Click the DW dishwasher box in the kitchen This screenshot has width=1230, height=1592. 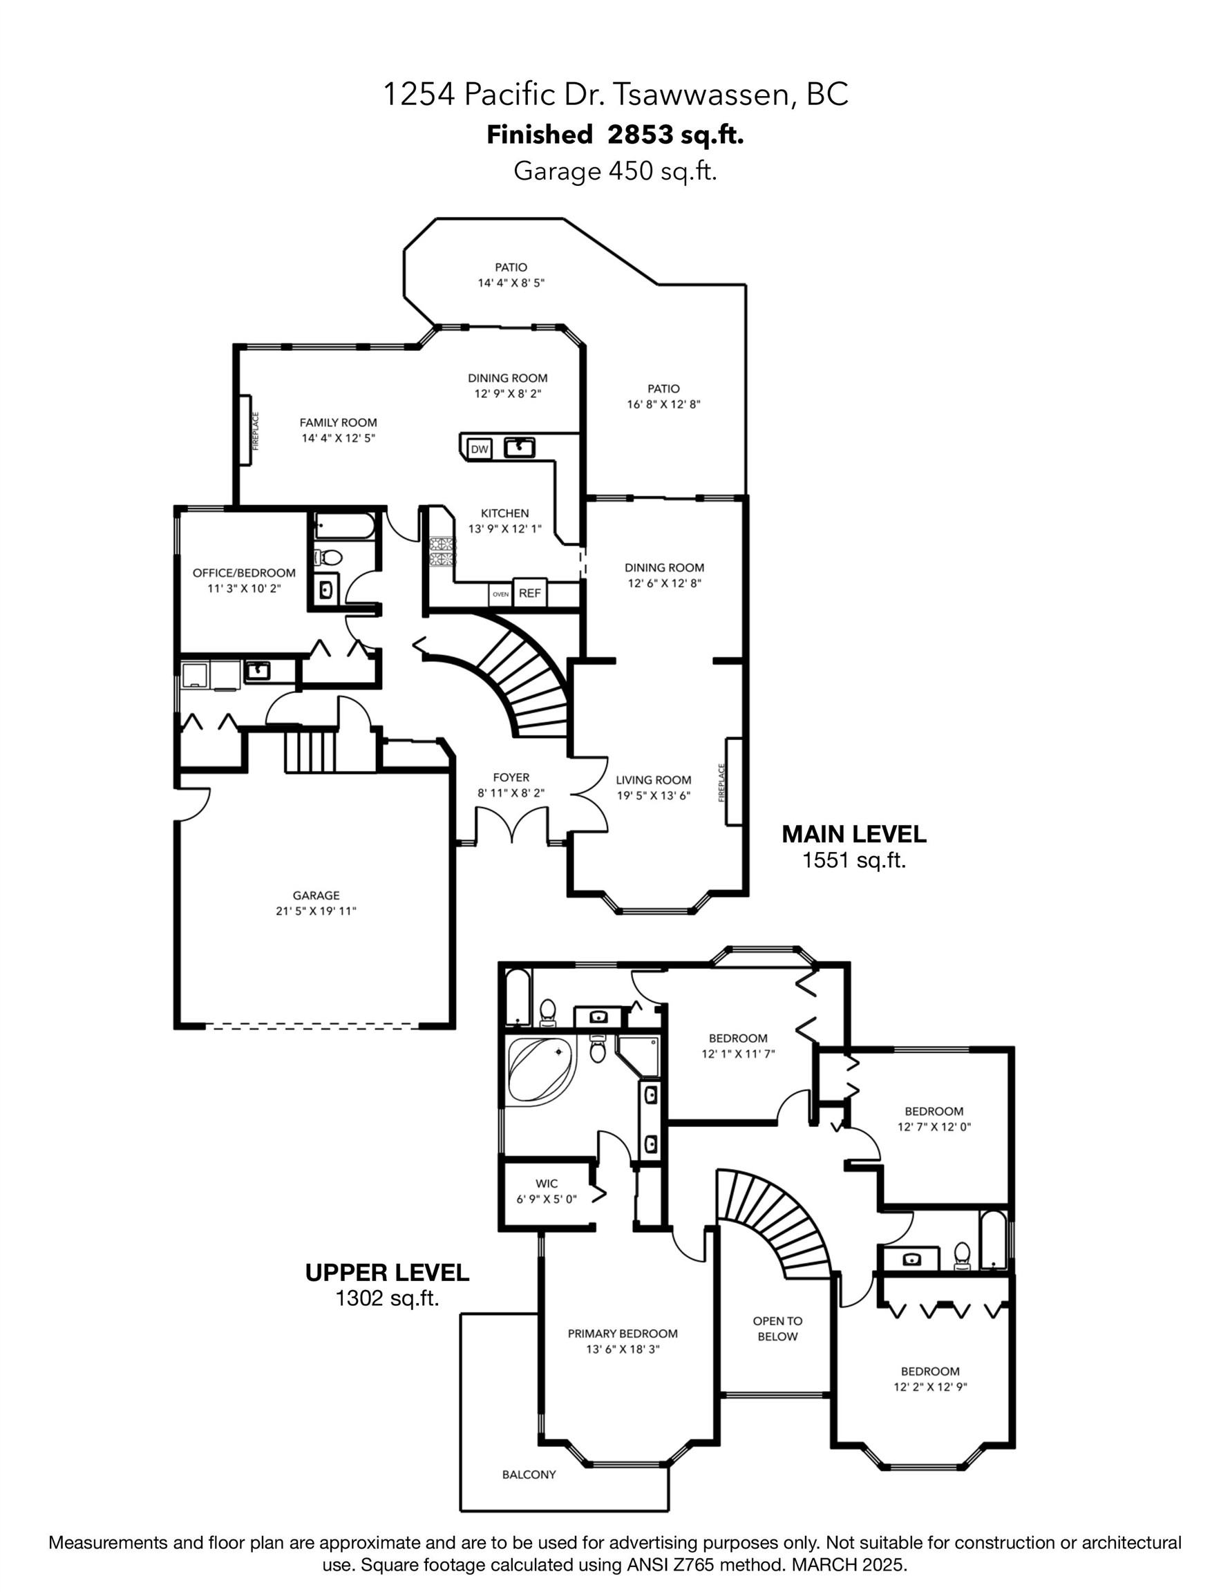click(x=479, y=449)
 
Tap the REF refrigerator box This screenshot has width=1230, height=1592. click(x=529, y=594)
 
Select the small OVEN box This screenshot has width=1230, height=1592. click(x=500, y=594)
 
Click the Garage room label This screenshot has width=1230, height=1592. click(x=316, y=895)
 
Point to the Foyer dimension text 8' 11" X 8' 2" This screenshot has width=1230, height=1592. click(x=511, y=793)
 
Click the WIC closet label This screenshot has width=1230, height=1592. click(x=546, y=1184)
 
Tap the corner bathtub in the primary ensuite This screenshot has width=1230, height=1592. click(x=540, y=1070)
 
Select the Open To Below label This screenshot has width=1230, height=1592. click(x=777, y=1328)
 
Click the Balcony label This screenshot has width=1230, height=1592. click(x=529, y=1475)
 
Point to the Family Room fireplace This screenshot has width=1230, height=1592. click(x=247, y=430)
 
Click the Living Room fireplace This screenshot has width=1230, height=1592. click(x=732, y=781)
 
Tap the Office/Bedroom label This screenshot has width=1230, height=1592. click(x=243, y=573)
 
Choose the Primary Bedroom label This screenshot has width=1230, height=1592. click(x=623, y=1333)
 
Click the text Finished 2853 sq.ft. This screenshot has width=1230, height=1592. click(x=614, y=135)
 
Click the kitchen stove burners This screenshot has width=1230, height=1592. click(x=442, y=552)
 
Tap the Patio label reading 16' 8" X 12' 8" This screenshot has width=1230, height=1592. click(x=663, y=404)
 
